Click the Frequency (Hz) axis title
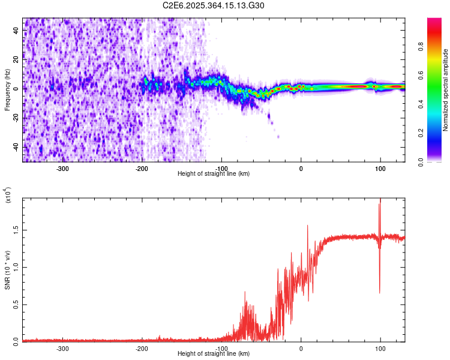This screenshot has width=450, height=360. [7, 90]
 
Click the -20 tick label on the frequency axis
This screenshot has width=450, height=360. [16, 118]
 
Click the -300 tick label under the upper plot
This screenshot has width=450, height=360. [62, 168]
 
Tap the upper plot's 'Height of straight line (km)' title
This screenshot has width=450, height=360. [214, 174]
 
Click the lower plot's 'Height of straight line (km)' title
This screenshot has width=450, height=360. [214, 354]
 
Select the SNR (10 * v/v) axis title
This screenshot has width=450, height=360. [7, 270]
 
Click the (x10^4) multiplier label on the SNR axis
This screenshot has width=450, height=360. [8, 196]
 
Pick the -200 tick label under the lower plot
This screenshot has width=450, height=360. [142, 348]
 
